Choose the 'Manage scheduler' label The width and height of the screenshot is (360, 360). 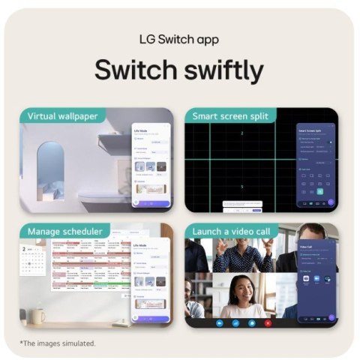pyautogui.click(x=65, y=231)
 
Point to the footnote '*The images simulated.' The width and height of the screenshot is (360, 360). pyautogui.click(x=58, y=343)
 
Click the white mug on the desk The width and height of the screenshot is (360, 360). pyautogui.click(x=36, y=315)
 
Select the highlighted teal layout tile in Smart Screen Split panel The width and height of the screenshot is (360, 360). pyautogui.click(x=320, y=191)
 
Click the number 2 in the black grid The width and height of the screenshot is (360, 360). pyautogui.click(x=241, y=133)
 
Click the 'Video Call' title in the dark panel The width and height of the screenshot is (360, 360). pyautogui.click(x=307, y=244)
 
